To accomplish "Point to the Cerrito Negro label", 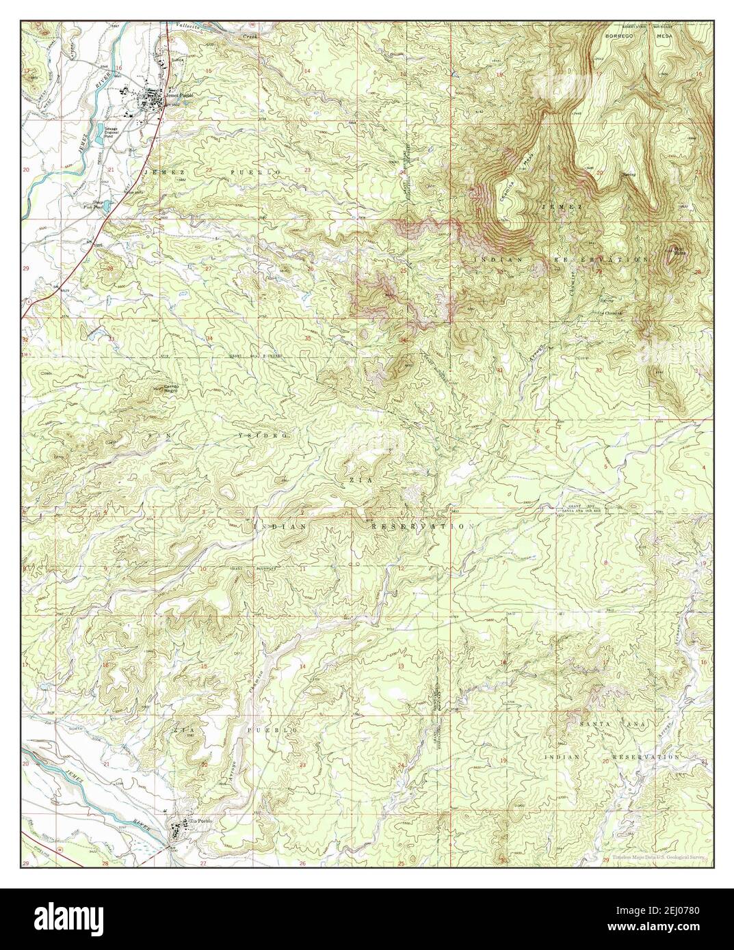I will coord(171,390).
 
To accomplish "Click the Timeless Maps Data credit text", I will coord(655,858).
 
